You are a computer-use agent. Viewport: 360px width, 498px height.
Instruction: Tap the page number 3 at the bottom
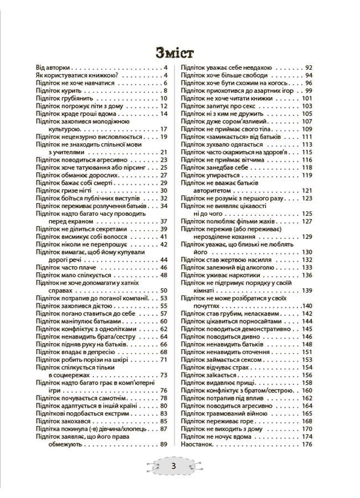pyautogui.click(x=173, y=466)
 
